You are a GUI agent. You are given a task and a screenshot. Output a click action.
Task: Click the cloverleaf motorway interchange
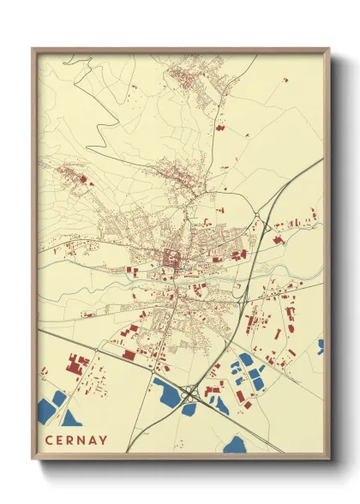coord(190,395)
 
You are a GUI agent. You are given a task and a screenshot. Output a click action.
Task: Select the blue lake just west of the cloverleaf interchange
coord(170,393)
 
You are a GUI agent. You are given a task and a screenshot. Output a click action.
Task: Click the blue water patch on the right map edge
coord(321,346)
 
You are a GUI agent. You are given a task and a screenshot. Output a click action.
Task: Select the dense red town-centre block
coord(171,256)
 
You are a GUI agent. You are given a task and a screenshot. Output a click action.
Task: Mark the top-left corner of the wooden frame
coord(33,50)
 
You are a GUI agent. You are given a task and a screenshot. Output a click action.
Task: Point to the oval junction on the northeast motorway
coord(263,225)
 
